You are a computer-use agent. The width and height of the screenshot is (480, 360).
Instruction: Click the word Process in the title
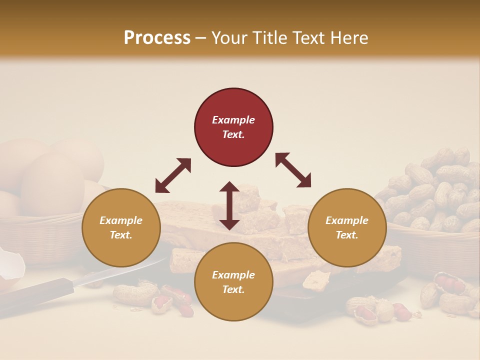(157, 38)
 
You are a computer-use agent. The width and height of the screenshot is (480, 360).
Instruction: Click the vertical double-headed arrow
(229, 205)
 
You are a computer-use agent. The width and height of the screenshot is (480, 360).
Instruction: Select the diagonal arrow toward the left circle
(173, 175)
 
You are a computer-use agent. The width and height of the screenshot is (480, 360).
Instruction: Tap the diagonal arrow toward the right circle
(293, 170)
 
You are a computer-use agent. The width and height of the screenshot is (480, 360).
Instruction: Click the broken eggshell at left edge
(11, 265)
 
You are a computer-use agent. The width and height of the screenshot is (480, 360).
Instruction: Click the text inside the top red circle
(233, 127)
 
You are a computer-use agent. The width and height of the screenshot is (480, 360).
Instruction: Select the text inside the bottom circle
(233, 282)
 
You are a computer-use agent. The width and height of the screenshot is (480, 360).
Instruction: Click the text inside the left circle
(121, 227)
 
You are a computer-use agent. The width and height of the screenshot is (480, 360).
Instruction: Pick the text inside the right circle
(347, 227)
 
